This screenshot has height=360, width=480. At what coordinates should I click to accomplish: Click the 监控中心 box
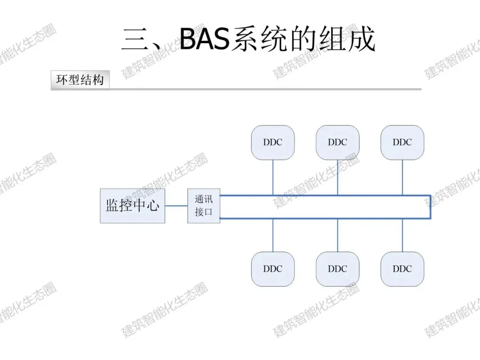click(x=132, y=206)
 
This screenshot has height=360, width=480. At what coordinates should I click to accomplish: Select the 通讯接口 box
click(x=204, y=206)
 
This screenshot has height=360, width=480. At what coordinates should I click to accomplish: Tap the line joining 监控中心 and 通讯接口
click(x=176, y=206)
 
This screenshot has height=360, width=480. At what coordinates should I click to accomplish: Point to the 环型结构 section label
click(x=80, y=80)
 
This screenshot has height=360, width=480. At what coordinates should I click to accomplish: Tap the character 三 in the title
click(x=135, y=39)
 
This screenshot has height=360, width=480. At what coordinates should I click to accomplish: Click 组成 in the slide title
click(x=348, y=39)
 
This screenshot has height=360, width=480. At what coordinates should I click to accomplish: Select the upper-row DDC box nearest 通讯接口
click(x=273, y=142)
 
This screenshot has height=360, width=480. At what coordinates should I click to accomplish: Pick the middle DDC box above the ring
click(x=338, y=142)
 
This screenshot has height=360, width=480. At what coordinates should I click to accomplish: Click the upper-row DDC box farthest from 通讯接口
click(x=402, y=142)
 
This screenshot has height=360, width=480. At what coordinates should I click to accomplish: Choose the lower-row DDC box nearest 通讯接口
click(x=273, y=269)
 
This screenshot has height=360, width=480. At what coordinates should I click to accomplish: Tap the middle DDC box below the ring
click(x=338, y=269)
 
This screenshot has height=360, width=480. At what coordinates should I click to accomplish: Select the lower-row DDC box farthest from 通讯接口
click(x=402, y=269)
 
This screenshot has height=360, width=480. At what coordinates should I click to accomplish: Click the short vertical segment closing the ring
click(x=430, y=207)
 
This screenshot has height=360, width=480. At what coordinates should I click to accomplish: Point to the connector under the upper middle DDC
click(x=338, y=177)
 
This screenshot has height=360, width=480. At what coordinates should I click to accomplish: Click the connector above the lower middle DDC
click(x=338, y=235)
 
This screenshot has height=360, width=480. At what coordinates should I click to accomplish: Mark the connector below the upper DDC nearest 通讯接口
click(x=273, y=177)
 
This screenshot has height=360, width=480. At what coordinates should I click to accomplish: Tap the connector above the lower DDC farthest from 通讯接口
click(x=402, y=235)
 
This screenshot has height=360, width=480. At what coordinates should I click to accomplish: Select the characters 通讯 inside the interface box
click(x=204, y=200)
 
